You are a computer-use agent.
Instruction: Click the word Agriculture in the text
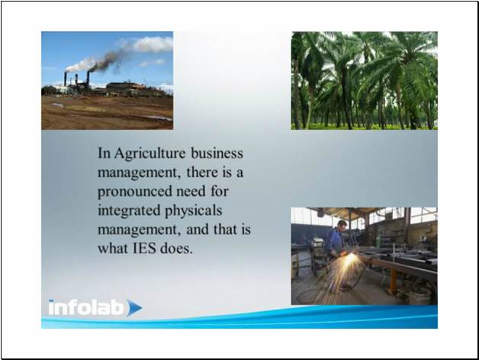[x=150, y=153]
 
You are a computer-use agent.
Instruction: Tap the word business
[x=217, y=153]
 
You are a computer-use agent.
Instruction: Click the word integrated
[x=129, y=211]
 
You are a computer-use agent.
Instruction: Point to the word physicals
[x=194, y=211]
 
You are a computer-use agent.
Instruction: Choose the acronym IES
[x=144, y=249]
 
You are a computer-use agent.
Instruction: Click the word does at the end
[x=176, y=249]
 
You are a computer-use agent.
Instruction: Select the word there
[x=202, y=172]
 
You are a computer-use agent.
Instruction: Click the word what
[x=113, y=249]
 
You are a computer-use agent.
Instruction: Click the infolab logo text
[x=86, y=307]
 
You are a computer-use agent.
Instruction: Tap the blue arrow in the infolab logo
[x=134, y=307]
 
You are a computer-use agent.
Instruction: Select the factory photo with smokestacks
[x=108, y=81]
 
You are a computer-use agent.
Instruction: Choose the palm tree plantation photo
[x=364, y=81]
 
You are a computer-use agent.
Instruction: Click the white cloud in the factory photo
[x=152, y=44]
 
